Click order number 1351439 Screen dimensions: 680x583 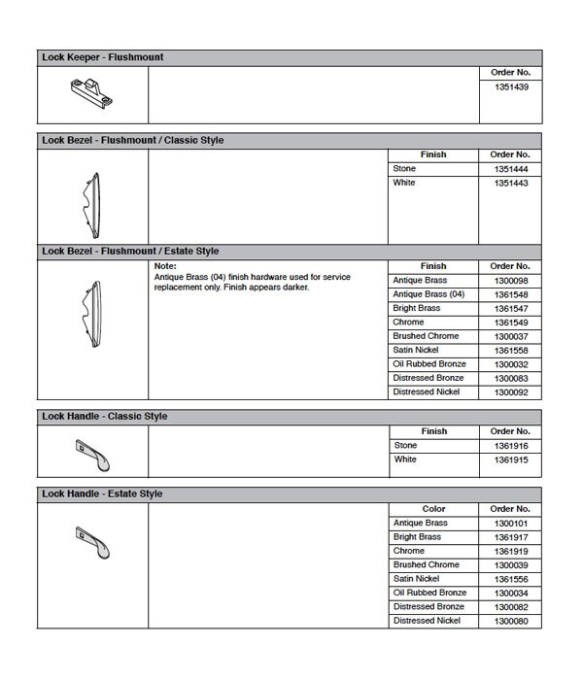coord(510,86)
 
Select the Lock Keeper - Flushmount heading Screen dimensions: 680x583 coord(102,57)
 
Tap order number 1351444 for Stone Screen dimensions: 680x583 coord(510,169)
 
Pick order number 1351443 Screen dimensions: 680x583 coord(510,183)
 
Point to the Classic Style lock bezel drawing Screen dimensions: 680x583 coord(91,202)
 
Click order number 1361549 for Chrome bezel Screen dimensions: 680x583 coord(510,323)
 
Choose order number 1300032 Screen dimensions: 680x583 coord(510,364)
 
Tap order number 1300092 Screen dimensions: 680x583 coord(510,392)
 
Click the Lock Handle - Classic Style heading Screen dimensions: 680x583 coord(104,417)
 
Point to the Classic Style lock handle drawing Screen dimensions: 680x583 coord(93,454)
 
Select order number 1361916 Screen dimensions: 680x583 coord(510,446)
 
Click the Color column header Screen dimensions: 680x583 coord(433,509)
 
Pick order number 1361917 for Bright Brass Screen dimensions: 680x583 coord(510,537)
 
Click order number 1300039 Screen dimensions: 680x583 coord(510,565)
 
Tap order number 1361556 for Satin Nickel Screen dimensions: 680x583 coord(510,579)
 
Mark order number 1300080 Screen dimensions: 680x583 coord(510,621)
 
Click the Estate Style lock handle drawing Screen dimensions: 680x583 coord(93,541)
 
